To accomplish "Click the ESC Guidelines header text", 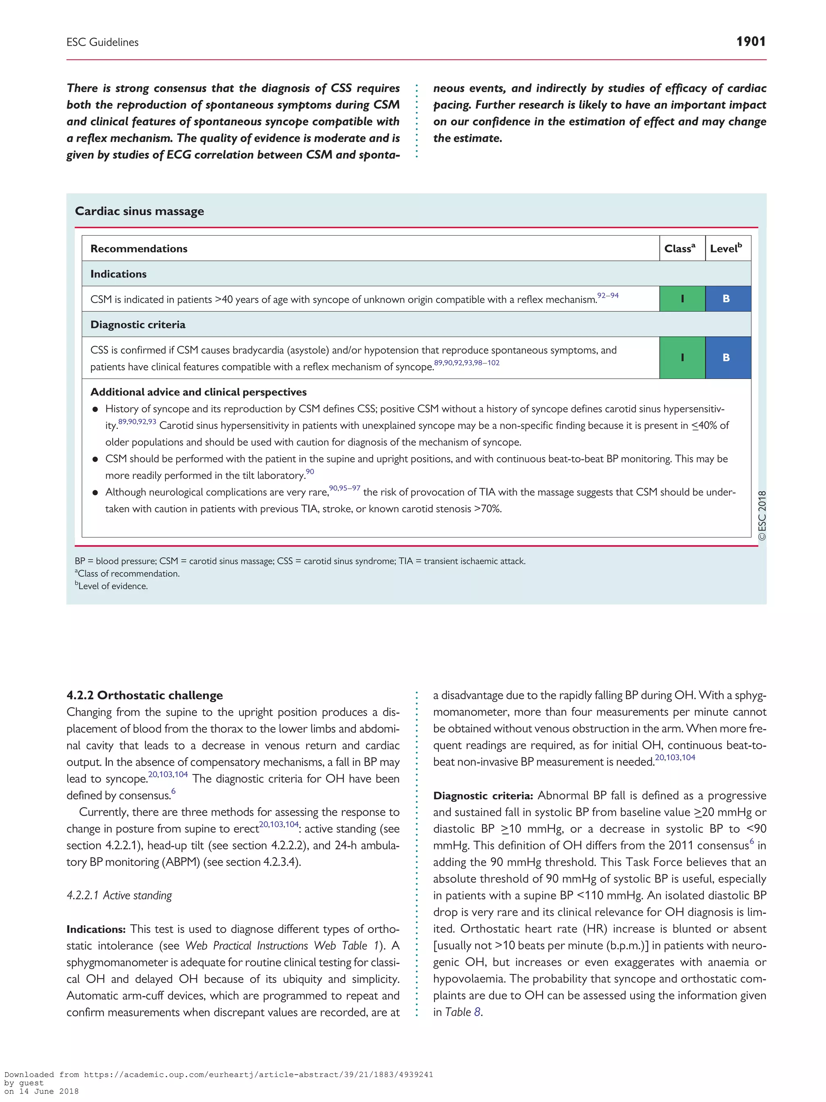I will point(102,42).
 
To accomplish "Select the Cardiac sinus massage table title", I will point(140,211).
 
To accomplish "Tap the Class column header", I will point(680,248).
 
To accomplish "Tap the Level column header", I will point(726,248).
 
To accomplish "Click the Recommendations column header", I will point(139,249).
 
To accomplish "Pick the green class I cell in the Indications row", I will point(682,299).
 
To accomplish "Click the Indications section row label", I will point(119,274).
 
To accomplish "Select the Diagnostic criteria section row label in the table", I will point(138,325).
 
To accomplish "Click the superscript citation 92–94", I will point(607,295).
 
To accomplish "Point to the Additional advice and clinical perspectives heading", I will point(198,392).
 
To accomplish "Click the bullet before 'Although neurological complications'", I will point(95,493).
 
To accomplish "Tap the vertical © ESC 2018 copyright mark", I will point(762,516).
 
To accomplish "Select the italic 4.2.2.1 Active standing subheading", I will point(119,895).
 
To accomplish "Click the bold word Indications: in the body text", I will point(96,929).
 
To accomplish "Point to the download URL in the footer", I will point(258,1075).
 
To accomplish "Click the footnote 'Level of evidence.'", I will point(113,586).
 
